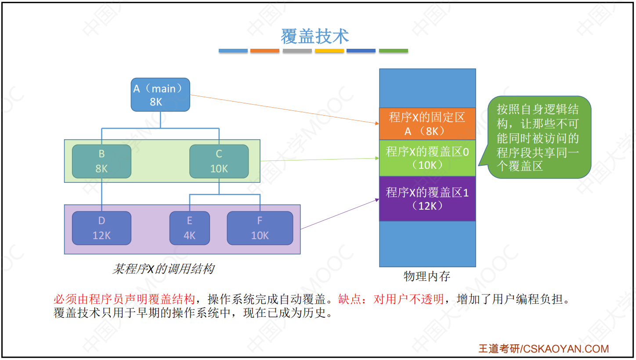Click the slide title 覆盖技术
tap(314, 36)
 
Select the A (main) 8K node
tap(160, 95)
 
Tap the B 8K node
tap(101, 161)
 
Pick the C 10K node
tap(219, 161)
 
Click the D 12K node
tap(101, 228)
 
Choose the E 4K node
tap(189, 228)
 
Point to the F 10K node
tap(260, 228)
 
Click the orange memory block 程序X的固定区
tap(427, 124)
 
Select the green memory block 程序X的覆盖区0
tap(427, 158)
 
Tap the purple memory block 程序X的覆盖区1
tap(427, 198)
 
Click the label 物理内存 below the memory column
tap(427, 276)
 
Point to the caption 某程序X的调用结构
tap(163, 269)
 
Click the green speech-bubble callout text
tap(538, 137)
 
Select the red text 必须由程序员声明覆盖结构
tap(124, 300)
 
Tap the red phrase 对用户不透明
tap(408, 300)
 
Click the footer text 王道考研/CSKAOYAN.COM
tap(543, 349)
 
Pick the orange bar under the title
tap(264, 51)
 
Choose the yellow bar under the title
tap(329, 51)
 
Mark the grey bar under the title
tap(297, 51)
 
